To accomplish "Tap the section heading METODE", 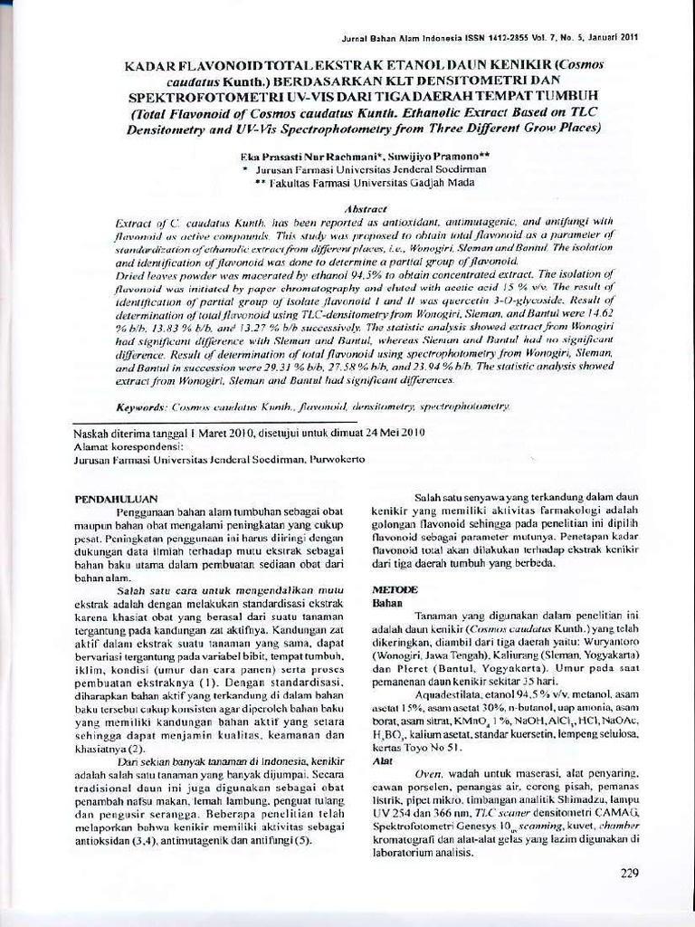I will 395,588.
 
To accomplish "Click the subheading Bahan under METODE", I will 387,601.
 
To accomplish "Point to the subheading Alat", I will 383,761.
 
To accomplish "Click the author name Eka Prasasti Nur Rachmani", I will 307,157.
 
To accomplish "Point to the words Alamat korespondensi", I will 128,445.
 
